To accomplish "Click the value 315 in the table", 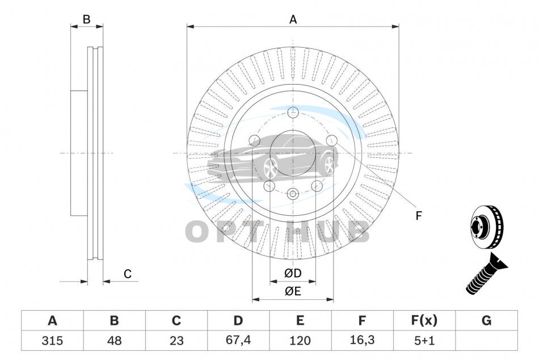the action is [x=52, y=341].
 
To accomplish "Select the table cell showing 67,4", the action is [x=238, y=340].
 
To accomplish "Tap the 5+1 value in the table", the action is [x=424, y=341].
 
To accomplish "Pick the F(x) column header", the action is [x=424, y=320].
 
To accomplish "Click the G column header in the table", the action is [x=486, y=320].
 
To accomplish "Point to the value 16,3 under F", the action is [x=362, y=340].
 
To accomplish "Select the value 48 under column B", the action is [x=114, y=341].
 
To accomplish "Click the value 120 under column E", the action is [x=300, y=341].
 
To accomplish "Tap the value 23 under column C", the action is [x=176, y=341].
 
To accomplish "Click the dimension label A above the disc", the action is [x=293, y=20].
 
